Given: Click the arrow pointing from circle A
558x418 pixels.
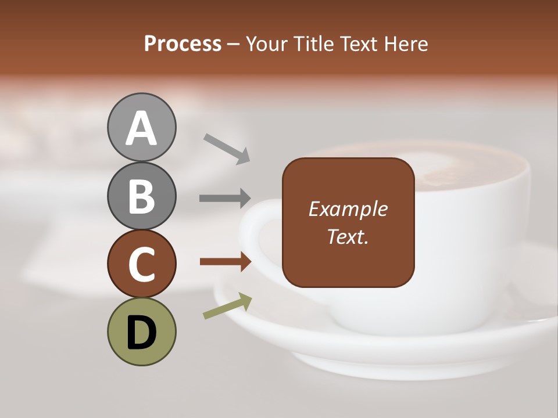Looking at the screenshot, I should click(x=227, y=149).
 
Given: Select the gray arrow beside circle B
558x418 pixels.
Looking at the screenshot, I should click(x=225, y=198).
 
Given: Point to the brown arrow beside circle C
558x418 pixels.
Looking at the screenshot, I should click(x=226, y=262).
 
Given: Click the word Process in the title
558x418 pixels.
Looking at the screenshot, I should click(x=183, y=44).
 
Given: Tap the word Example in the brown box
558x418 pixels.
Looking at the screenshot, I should click(x=348, y=209).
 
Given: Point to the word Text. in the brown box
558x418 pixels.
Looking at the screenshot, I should click(x=348, y=236).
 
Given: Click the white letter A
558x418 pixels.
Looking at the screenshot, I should click(x=141, y=129).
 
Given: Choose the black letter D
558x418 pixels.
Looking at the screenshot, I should click(x=141, y=332).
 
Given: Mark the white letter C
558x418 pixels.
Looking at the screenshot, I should click(x=141, y=264).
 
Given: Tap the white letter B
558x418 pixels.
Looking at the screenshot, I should click(x=141, y=196).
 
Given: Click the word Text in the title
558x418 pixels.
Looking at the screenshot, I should click(x=360, y=44).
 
